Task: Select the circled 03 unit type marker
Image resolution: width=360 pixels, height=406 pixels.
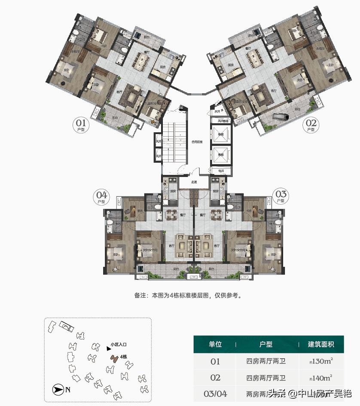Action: [281, 197]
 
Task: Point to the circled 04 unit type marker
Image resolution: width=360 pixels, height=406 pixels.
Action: [102, 197]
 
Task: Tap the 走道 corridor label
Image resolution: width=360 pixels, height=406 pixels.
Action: [194, 182]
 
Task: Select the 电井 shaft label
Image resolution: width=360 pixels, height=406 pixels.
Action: [221, 171]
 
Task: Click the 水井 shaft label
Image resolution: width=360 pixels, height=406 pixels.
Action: [217, 111]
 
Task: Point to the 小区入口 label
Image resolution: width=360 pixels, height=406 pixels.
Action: [119, 344]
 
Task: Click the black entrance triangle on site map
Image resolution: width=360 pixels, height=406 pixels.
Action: [108, 349]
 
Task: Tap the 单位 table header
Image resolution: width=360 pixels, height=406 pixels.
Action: [215, 344]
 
